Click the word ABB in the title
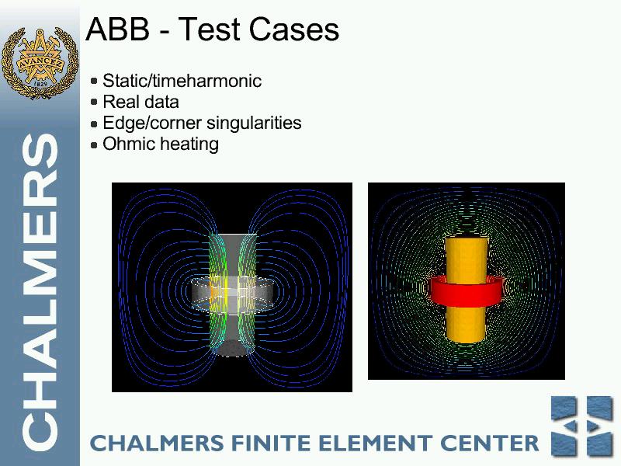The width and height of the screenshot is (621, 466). pyautogui.click(x=118, y=29)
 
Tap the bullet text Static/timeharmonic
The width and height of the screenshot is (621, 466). pyautogui.click(x=182, y=81)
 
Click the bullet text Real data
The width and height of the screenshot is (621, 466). pyautogui.click(x=141, y=102)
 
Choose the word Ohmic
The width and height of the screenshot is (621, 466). pyautogui.click(x=127, y=144)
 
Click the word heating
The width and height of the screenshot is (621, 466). pyautogui.click(x=186, y=144)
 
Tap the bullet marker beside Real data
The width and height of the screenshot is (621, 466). pyautogui.click(x=94, y=103)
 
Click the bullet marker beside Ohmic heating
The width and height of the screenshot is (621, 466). pyautogui.click(x=94, y=144)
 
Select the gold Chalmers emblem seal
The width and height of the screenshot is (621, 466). pyautogui.click(x=40, y=63)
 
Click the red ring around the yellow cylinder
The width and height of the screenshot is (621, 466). pyautogui.click(x=467, y=292)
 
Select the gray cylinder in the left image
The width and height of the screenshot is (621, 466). pyautogui.click(x=233, y=295)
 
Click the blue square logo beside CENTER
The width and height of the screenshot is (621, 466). pyautogui.click(x=581, y=426)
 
